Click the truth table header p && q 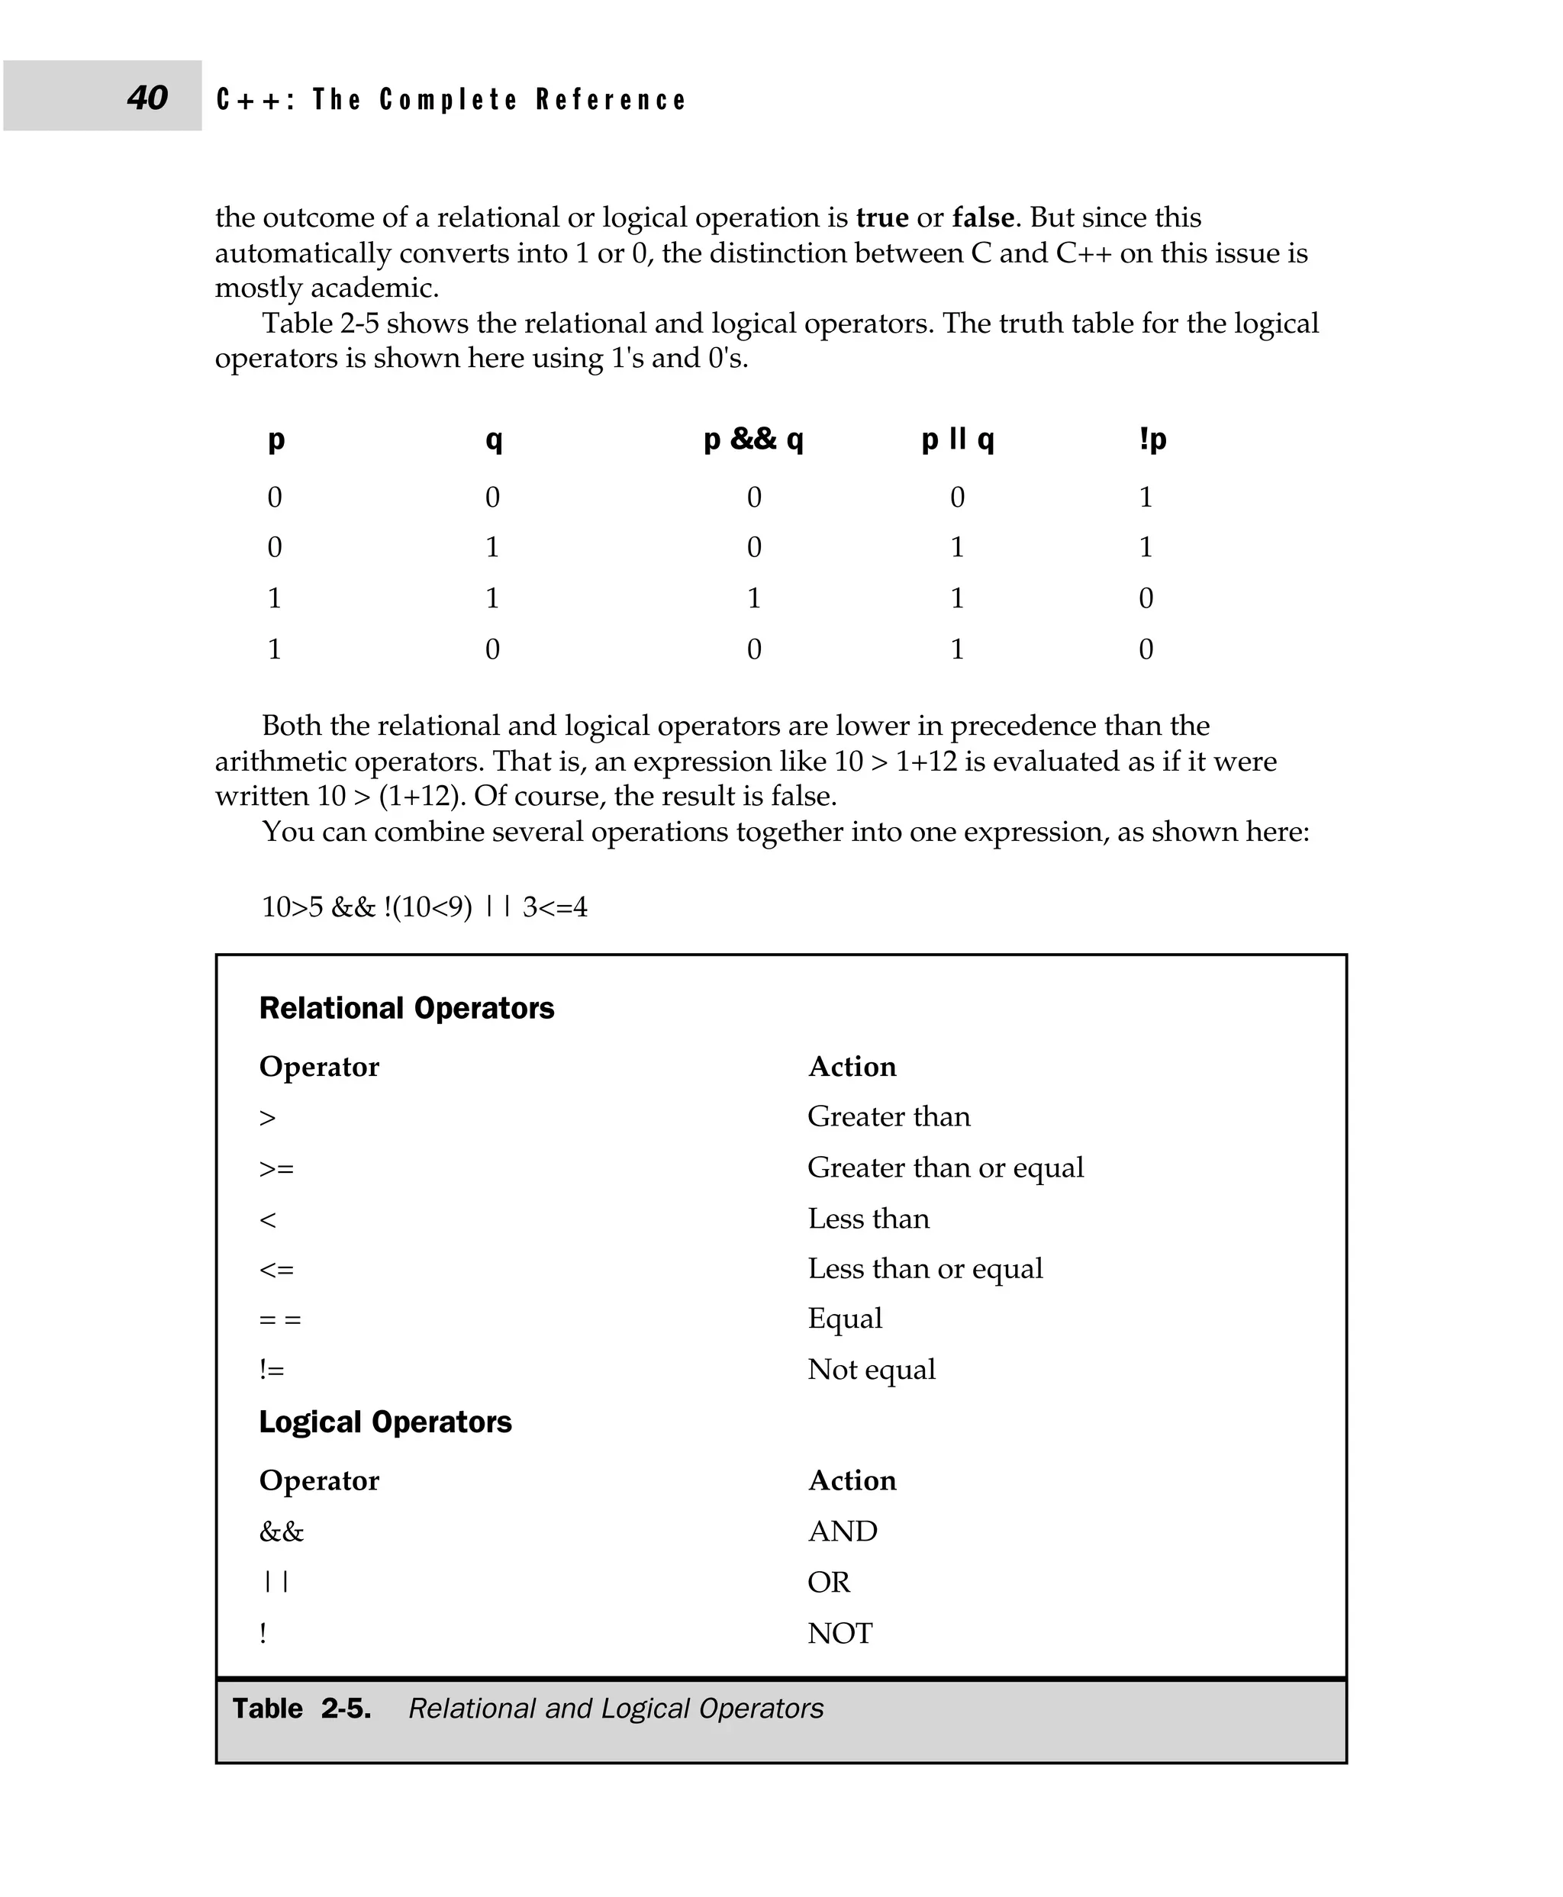[752, 440]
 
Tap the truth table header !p [1152, 440]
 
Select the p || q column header [957, 440]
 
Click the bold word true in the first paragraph [881, 218]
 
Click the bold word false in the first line [983, 218]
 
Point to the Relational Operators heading [406, 1008]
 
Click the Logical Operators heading [385, 1422]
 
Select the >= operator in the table [276, 1168]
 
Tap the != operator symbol [271, 1370]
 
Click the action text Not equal [871, 1370]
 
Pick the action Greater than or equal [945, 1168]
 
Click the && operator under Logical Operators [281, 1531]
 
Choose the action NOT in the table [840, 1633]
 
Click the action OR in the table [828, 1582]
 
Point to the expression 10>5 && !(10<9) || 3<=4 [424, 907]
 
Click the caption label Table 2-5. [301, 1709]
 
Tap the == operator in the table [279, 1320]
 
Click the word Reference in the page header [611, 99]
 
